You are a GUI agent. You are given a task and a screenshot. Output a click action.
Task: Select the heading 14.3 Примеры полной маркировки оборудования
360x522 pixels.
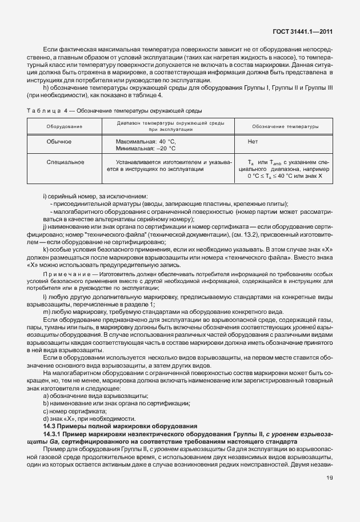coord(120,427)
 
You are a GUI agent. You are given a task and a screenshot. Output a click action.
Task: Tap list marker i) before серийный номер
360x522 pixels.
coord(45,197)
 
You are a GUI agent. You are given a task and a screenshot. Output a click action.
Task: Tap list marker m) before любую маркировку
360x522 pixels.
coord(47,311)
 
